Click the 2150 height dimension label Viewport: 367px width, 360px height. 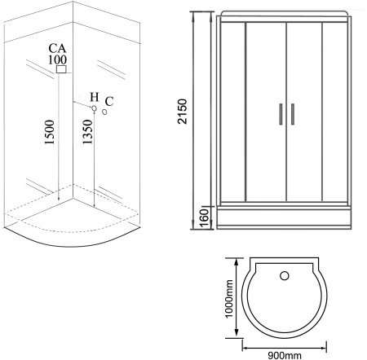pyautogui.click(x=182, y=112)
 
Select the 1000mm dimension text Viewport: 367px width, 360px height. pyautogui.click(x=229, y=299)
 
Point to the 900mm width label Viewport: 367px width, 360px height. pyautogui.click(x=285, y=355)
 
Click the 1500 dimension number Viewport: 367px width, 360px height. pyautogui.click(x=50, y=132)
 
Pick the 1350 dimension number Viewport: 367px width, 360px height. pyautogui.click(x=87, y=132)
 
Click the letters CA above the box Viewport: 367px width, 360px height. pyautogui.click(x=57, y=48)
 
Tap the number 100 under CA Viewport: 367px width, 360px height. pyautogui.click(x=57, y=59)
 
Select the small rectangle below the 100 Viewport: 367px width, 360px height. pyautogui.click(x=61, y=69)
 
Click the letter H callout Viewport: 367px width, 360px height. pyautogui.click(x=95, y=97)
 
